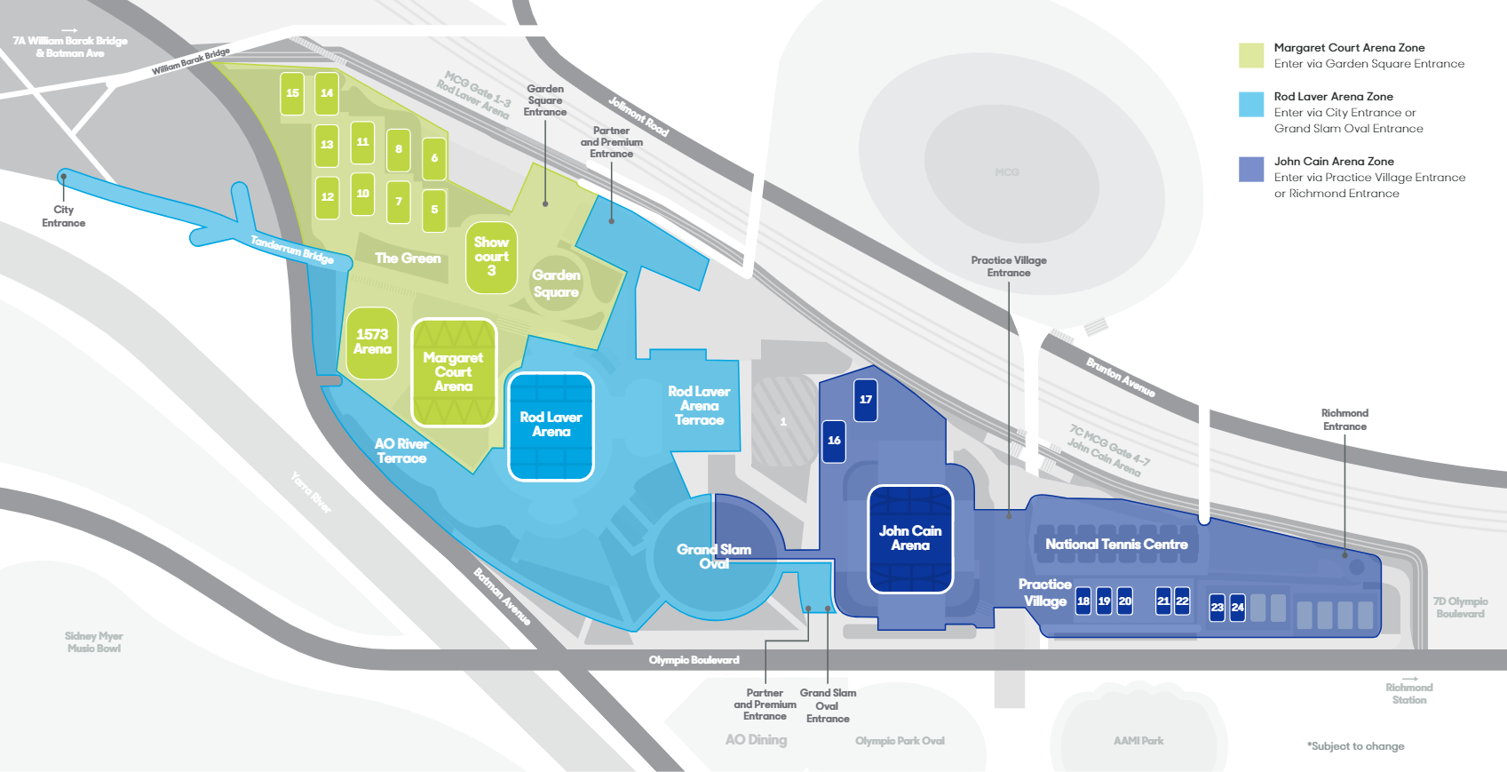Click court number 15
[x=292, y=93]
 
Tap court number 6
[x=434, y=158]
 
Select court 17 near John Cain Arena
[x=866, y=400]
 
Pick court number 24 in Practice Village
[x=1237, y=608]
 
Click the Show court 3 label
[x=491, y=257]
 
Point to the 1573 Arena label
[x=372, y=342]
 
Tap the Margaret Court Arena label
[x=453, y=371]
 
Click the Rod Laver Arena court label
[x=551, y=425]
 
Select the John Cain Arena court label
[x=910, y=538]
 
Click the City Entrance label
[x=64, y=217]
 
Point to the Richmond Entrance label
[x=1344, y=419]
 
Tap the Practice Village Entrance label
[x=1009, y=267]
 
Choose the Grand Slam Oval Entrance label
[x=828, y=705]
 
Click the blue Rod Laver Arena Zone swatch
[x=1251, y=104]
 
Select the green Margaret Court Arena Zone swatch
[x=1251, y=55]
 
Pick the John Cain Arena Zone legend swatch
[x=1251, y=169]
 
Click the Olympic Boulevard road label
[x=694, y=660]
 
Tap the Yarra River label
[x=311, y=492]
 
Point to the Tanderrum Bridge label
[x=291, y=249]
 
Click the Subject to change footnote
[x=1355, y=746]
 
